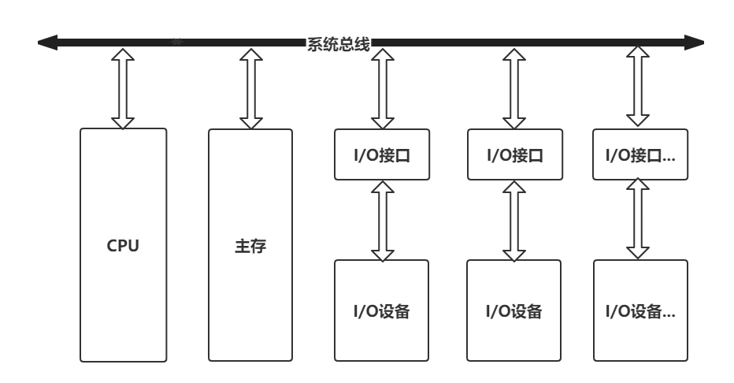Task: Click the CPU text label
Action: [123, 246]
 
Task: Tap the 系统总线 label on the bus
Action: [339, 43]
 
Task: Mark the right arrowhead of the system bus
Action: [693, 43]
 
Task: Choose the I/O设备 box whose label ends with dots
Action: [639, 310]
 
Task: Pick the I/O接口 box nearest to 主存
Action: [383, 154]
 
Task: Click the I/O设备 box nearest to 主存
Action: [383, 310]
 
